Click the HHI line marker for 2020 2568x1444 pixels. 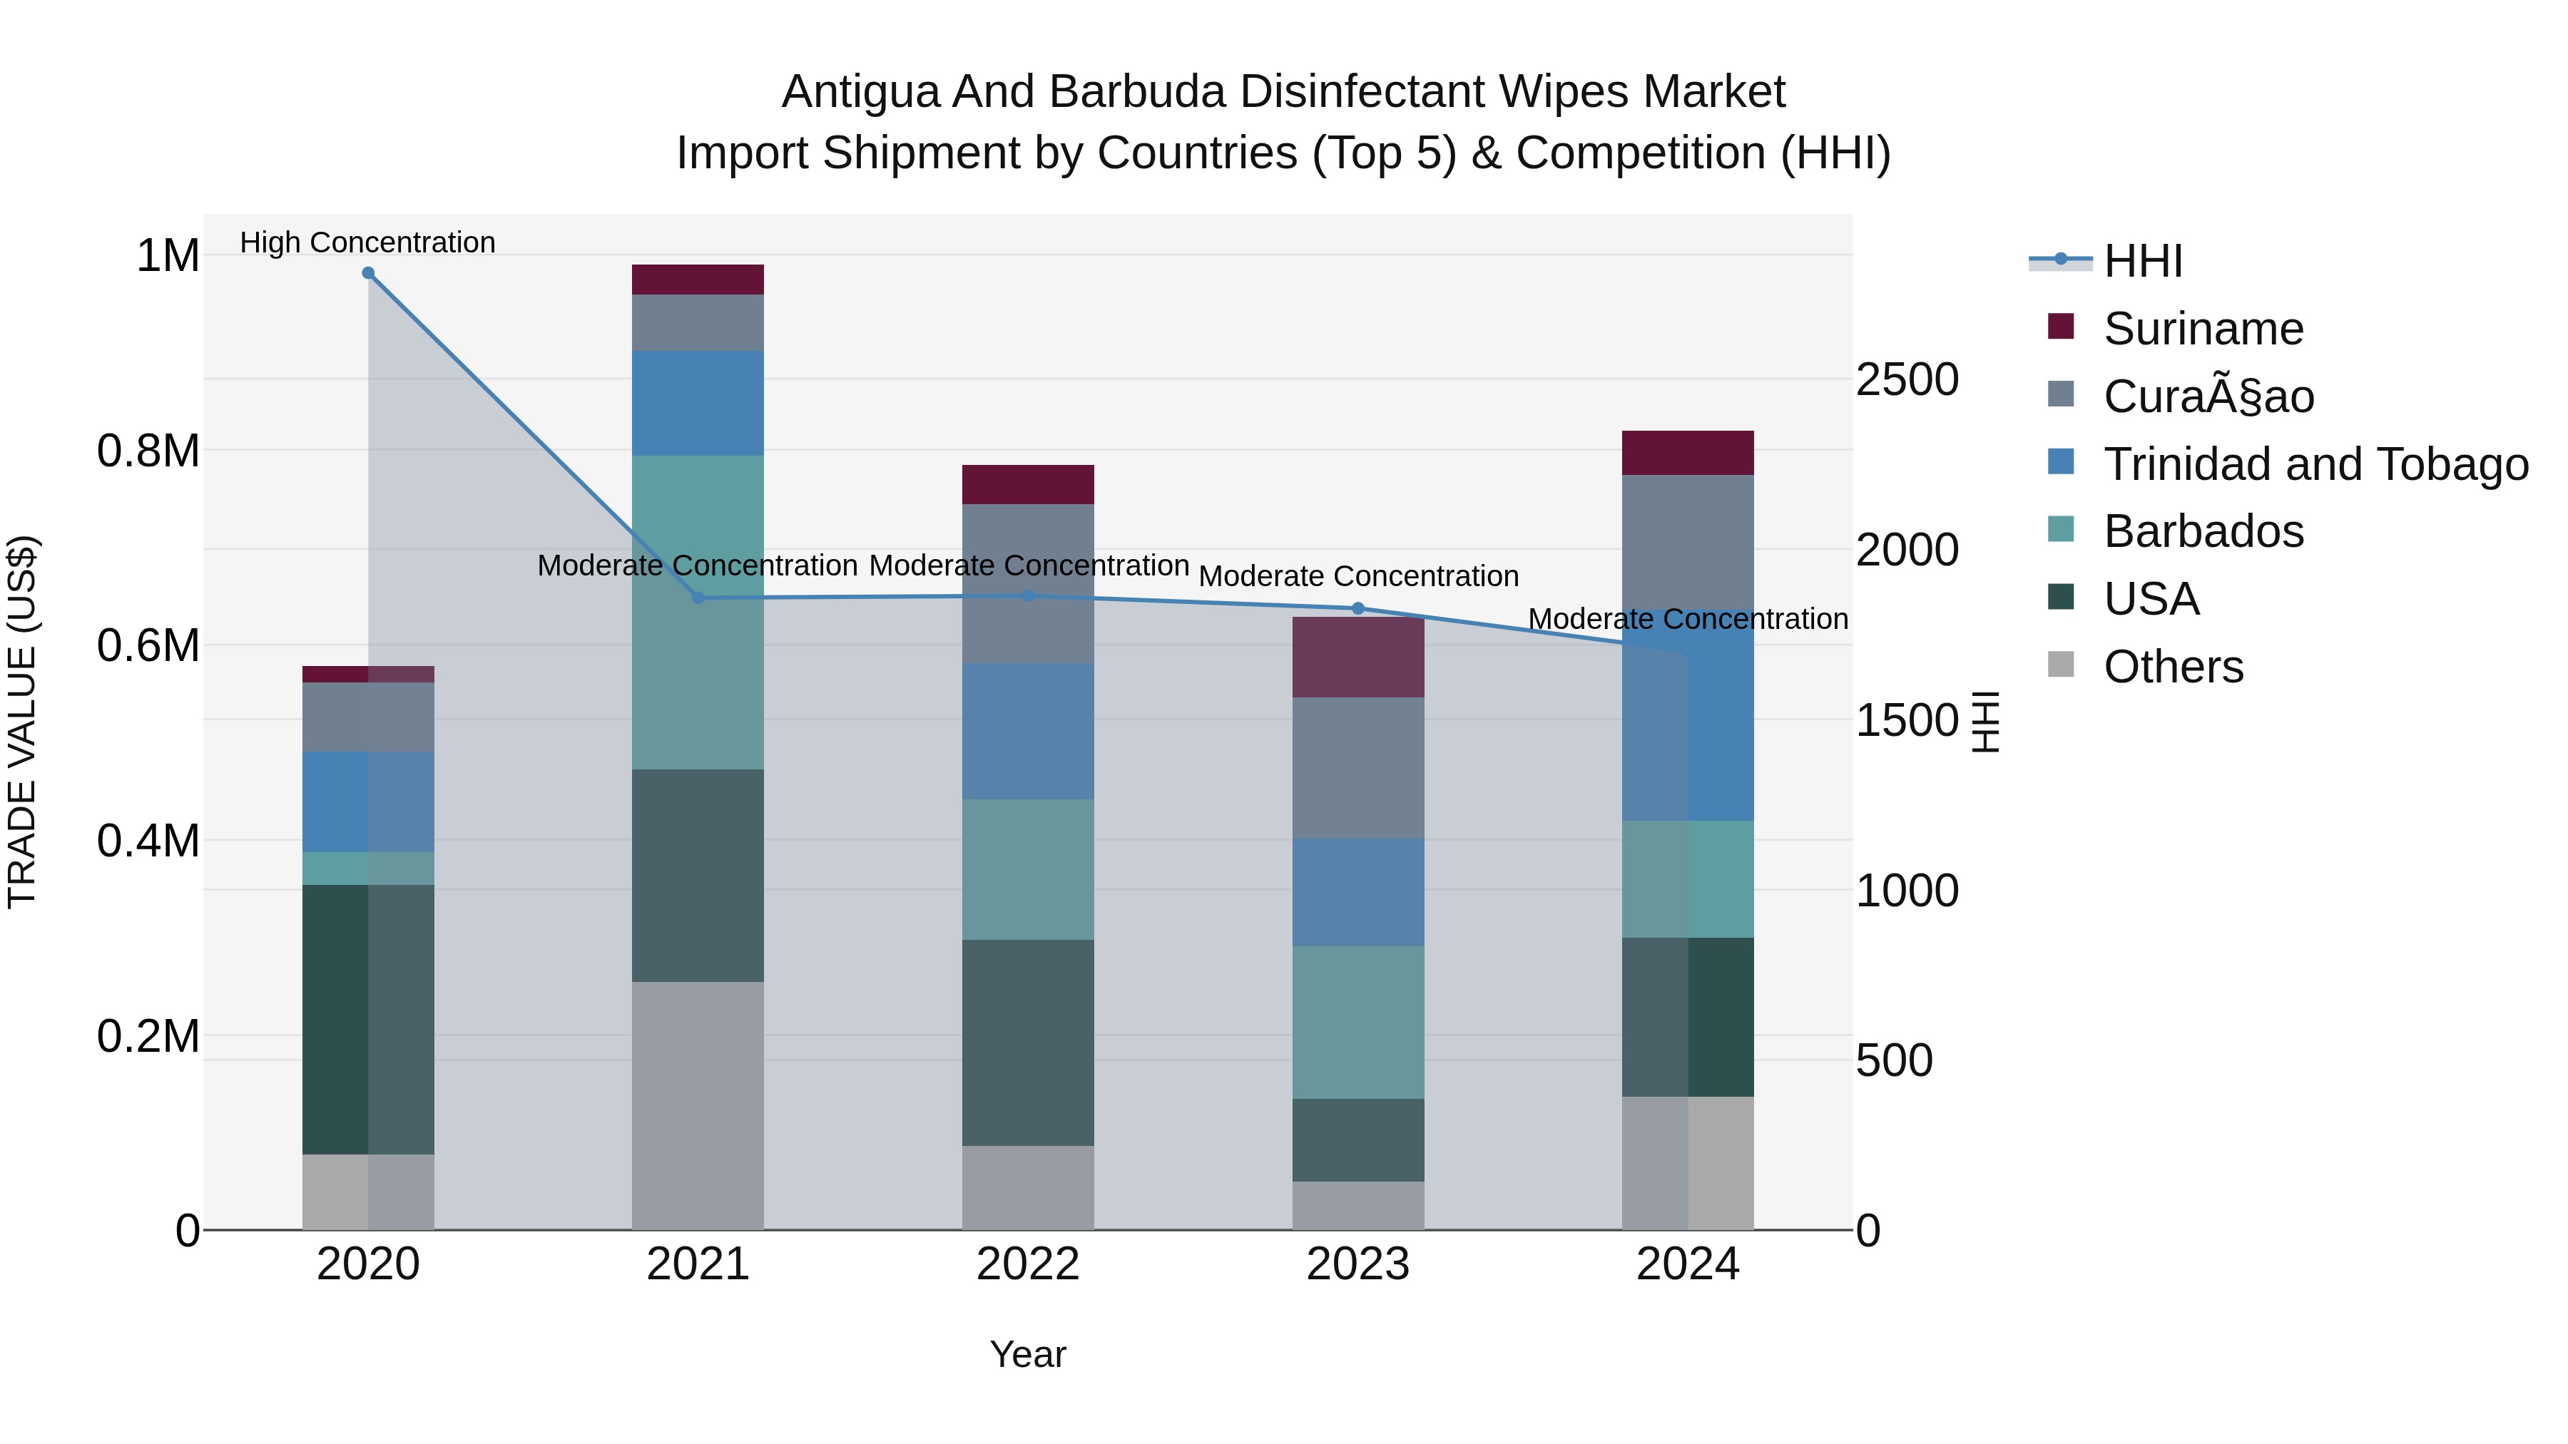click(x=368, y=273)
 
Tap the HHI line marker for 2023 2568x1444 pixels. click(x=1357, y=608)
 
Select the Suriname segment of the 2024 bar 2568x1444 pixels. click(x=1687, y=454)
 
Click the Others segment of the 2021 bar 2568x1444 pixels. click(x=698, y=1105)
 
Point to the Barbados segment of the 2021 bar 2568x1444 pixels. click(x=698, y=612)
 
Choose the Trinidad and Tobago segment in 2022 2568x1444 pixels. click(x=1028, y=732)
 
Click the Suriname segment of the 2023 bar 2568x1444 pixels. click(x=1357, y=657)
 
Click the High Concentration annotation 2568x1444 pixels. click(x=368, y=242)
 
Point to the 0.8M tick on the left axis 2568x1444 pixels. click(x=148, y=451)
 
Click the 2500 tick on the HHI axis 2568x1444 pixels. click(x=1906, y=379)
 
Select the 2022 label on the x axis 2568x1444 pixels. click(x=1028, y=1264)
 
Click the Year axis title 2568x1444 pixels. click(x=1028, y=1354)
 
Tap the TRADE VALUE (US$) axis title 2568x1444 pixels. click(x=23, y=722)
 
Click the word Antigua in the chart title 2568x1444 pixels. click(x=860, y=92)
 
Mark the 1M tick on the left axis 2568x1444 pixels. click(x=168, y=255)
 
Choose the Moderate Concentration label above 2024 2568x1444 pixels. click(x=1688, y=619)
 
